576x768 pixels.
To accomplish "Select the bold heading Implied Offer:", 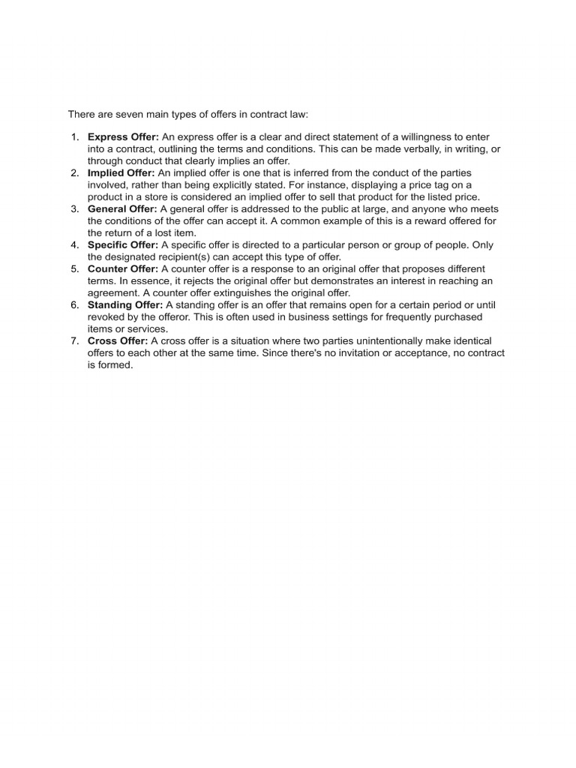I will click(x=121, y=173).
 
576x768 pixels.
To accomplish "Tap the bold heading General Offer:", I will click(x=122, y=209).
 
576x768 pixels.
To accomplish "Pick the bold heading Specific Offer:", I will click(x=122, y=245).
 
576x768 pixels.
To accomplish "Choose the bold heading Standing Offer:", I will click(x=125, y=305).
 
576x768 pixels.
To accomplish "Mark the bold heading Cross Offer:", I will click(x=118, y=341).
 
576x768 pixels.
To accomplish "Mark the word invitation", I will click(x=361, y=353).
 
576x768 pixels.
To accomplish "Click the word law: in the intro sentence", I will click(x=296, y=114).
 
